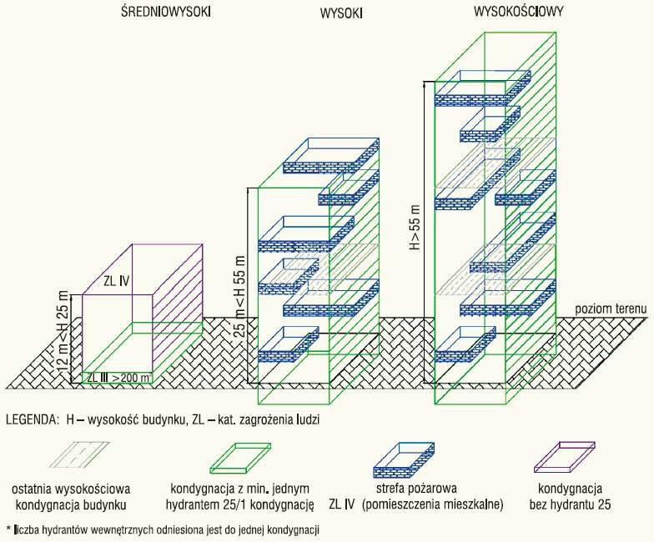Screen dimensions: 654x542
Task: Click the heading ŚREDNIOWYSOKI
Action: (166, 12)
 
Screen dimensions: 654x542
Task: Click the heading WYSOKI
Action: (341, 13)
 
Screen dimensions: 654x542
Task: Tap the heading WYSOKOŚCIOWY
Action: (519, 12)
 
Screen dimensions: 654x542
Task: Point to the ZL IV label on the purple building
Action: (117, 281)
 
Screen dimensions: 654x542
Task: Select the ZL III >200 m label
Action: (118, 377)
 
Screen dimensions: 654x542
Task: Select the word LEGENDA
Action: (32, 419)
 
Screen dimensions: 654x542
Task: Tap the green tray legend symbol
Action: (240, 458)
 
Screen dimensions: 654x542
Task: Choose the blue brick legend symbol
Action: (404, 460)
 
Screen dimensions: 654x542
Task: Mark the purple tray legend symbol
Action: (565, 457)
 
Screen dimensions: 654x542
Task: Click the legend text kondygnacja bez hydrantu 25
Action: (571, 497)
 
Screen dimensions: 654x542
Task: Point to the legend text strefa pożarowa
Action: (416, 489)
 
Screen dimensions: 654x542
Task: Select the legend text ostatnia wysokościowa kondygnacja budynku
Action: (71, 497)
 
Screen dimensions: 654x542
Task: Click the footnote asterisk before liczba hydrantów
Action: (8, 529)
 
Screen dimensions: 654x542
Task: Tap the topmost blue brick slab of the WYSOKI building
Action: (331, 156)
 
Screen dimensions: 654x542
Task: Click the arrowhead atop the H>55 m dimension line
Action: (424, 83)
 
